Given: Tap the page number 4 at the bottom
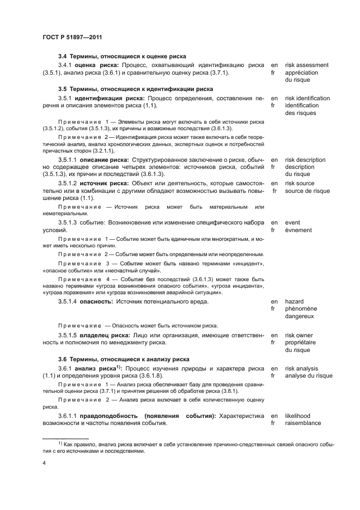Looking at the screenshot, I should click(44, 463).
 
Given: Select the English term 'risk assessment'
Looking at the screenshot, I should click(307, 65).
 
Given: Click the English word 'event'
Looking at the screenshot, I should click(293, 222).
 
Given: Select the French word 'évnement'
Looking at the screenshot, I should click(298, 230).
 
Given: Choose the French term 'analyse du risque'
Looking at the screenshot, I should click(309, 376).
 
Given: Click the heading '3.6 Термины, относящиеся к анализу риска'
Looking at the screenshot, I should click(124, 359).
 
